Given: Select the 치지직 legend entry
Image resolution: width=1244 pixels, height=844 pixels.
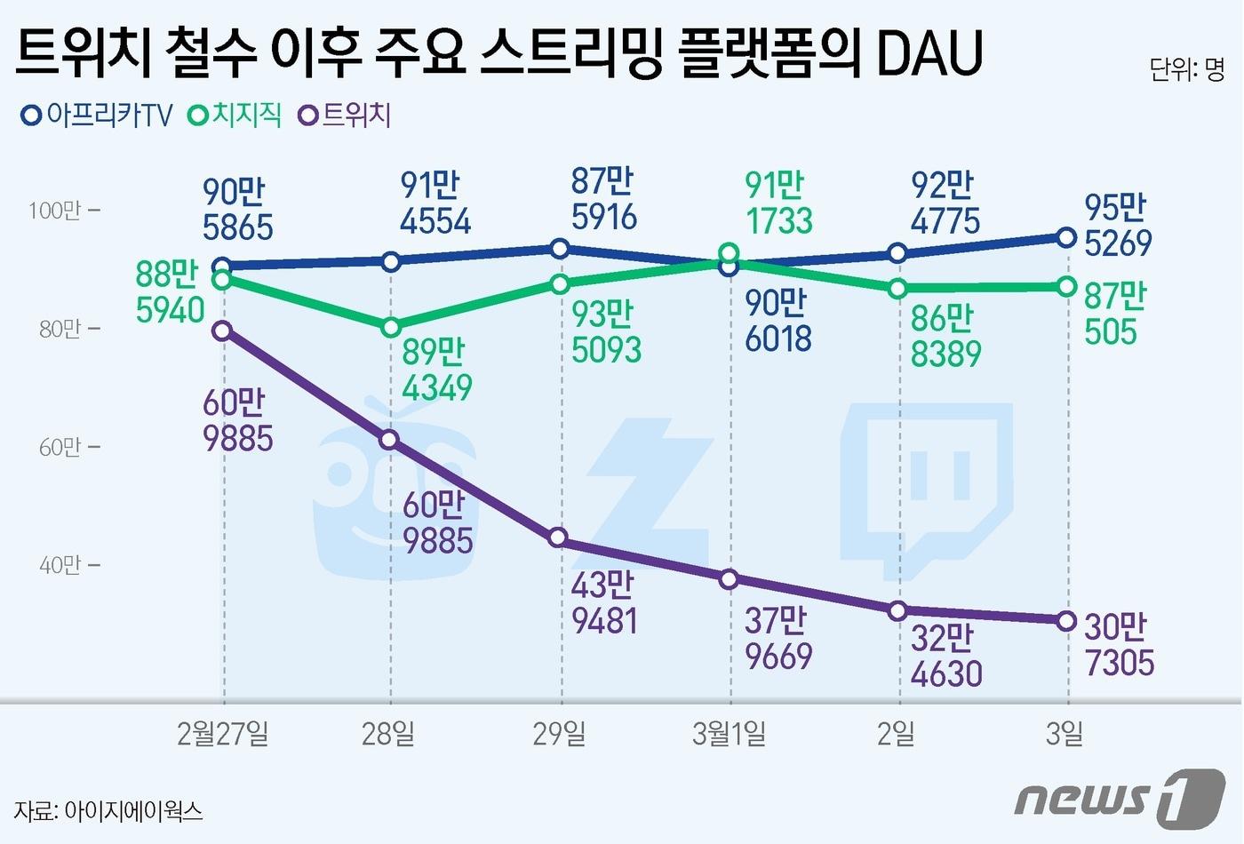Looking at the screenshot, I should point(236,115).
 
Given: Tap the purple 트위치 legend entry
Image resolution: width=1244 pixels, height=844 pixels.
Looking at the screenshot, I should point(346,115).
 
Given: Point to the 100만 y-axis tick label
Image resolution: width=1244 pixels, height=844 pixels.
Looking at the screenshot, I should point(55,211).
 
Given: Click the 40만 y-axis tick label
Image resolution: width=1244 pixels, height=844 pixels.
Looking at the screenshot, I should point(60,565).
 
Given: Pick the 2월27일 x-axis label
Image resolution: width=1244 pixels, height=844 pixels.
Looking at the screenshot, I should point(223,734).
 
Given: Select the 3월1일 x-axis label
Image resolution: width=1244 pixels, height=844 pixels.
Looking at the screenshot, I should point(729,734).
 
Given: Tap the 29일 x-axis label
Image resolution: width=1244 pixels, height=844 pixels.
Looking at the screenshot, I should point(559,734).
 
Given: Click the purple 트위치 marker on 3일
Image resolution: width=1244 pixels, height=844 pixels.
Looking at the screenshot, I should point(1067,621).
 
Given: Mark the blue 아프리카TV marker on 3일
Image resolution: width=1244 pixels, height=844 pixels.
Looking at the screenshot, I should point(1067,237).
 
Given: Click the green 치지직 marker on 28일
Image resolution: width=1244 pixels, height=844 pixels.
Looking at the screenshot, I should point(391,328).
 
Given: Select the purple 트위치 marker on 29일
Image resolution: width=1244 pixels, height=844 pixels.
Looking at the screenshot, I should point(558,537).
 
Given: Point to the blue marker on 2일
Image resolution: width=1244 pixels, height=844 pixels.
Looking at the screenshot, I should point(897,254).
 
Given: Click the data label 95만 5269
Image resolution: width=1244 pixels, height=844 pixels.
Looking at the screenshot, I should point(1118,226).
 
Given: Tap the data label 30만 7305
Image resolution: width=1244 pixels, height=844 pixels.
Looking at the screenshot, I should point(1119,645).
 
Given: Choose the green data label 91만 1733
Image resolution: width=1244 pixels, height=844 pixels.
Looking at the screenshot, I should point(778,203).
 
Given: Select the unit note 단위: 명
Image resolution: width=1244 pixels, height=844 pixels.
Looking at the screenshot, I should point(1187,69).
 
